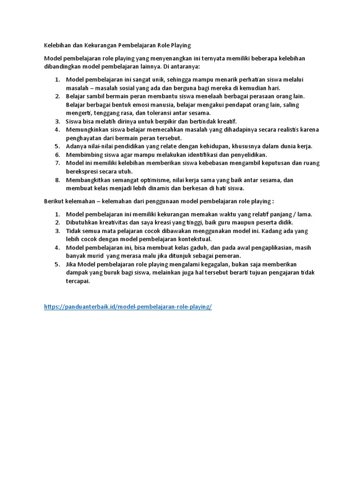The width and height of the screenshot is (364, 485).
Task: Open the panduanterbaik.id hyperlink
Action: click(x=127, y=306)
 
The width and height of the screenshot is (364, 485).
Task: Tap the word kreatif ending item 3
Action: click(x=225, y=121)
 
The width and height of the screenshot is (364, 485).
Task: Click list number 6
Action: click(x=57, y=154)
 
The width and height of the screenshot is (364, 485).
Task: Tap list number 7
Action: click(x=57, y=163)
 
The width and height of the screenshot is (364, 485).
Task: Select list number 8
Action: click(x=57, y=180)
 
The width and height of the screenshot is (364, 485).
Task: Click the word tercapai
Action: click(x=77, y=281)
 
